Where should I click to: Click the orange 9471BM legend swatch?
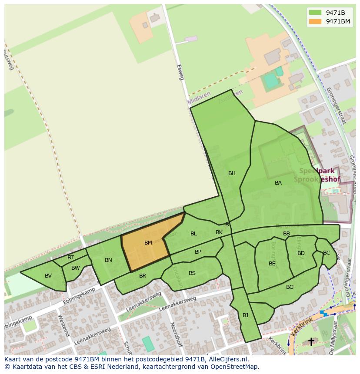316,21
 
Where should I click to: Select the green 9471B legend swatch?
316,12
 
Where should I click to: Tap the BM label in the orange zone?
148,243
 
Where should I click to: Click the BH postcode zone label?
232,173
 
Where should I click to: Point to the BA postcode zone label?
278,183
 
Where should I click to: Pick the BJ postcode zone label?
245,315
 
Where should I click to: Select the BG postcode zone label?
290,287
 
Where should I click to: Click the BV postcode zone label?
48,276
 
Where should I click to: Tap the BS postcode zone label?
192,273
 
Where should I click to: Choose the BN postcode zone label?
108,260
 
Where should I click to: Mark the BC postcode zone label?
327,253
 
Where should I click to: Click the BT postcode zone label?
70,258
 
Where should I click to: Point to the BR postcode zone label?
143,276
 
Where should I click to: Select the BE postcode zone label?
272,264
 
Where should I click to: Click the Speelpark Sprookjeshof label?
317,175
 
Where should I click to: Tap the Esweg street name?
181,72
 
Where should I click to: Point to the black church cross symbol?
311,342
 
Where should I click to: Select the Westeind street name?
63,325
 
